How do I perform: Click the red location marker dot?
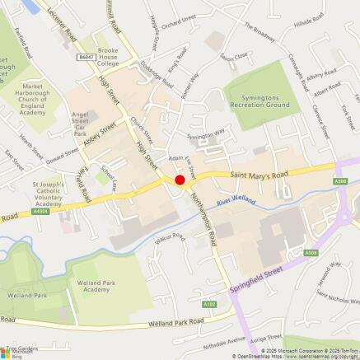(180, 180)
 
